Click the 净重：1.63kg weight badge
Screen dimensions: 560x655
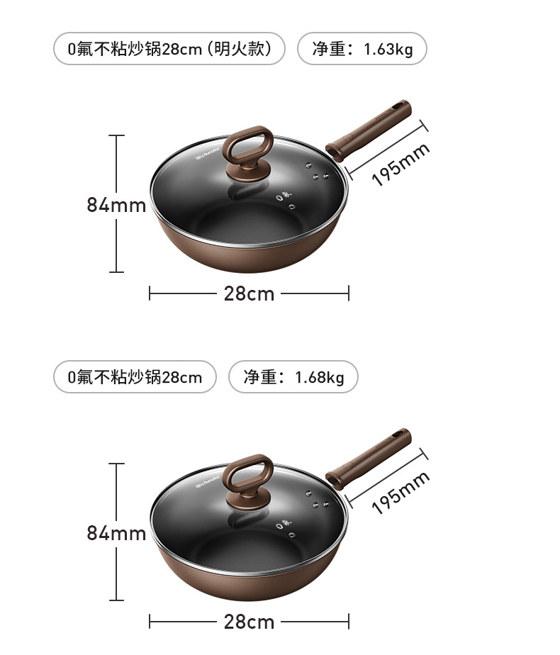coord(362,49)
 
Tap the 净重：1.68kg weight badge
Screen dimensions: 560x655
coord(293,377)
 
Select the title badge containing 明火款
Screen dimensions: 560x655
coord(169,49)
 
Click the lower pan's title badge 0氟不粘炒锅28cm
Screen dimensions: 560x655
coord(135,377)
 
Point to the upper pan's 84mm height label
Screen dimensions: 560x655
coord(116,205)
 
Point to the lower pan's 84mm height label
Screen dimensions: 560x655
coord(116,533)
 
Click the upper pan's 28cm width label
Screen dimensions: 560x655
coord(249,293)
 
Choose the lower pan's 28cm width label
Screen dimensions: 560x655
coord(249,622)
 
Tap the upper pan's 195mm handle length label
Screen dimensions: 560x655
coord(401,164)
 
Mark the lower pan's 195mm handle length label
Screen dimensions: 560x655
coord(401,493)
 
